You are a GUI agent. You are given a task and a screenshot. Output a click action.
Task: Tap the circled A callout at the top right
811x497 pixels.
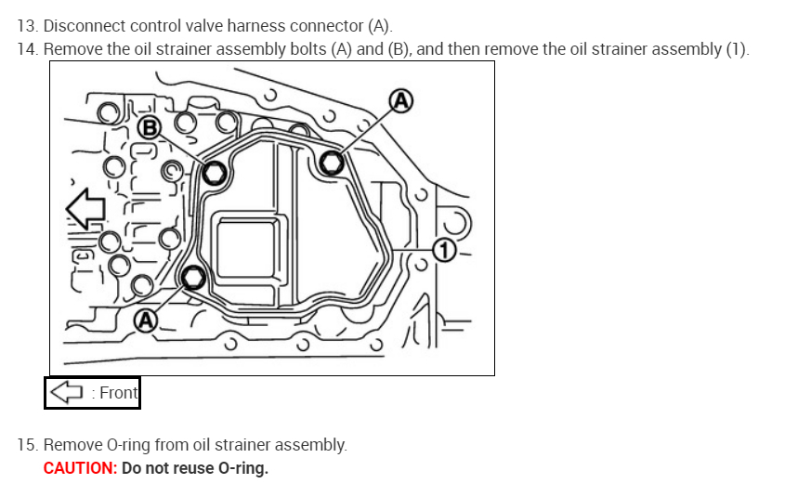[401, 100]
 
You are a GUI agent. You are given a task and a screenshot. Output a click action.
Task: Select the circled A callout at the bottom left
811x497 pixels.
[145, 320]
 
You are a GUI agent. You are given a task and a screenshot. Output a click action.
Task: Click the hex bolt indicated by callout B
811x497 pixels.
[214, 173]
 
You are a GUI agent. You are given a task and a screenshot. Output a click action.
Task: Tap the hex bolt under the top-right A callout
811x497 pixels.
[331, 163]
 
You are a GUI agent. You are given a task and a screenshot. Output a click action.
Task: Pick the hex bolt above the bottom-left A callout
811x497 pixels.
[193, 277]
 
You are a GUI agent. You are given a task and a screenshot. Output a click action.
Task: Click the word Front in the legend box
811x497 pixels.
[118, 393]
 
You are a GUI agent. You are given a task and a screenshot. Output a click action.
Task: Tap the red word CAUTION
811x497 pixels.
[80, 468]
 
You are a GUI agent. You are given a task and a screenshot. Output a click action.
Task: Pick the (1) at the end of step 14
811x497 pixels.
[735, 48]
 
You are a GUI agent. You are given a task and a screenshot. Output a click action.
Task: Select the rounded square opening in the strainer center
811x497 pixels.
[247, 250]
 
